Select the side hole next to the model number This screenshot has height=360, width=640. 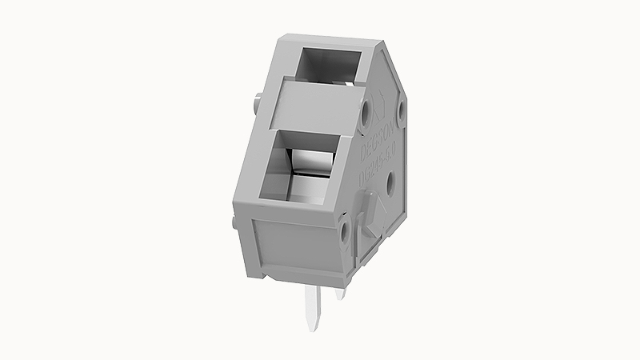[391, 186]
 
